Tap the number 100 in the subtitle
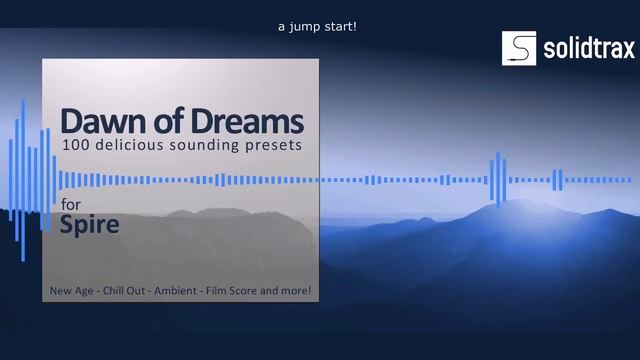pos(75,146)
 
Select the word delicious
pos(129,146)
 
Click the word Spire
pos(89,224)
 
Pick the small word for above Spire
pos(71,204)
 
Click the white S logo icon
pos(519,48)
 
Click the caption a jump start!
pos(317,27)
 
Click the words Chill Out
pos(126,291)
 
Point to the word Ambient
pos(179,291)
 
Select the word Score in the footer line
pos(248,291)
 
